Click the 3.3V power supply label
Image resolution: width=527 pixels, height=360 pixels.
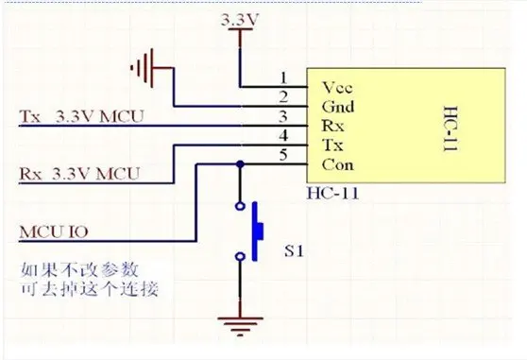(x=240, y=20)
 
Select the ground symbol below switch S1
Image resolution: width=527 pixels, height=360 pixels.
(x=240, y=326)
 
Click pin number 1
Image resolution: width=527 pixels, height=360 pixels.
(x=284, y=77)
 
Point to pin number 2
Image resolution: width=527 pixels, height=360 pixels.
(x=283, y=96)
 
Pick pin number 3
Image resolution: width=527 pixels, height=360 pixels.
(x=283, y=116)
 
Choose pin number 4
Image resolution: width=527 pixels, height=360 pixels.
(x=283, y=135)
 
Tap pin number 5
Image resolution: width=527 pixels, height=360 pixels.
(x=283, y=155)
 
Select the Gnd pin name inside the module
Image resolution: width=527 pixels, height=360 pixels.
(x=338, y=107)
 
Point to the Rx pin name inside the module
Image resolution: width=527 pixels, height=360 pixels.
(x=332, y=126)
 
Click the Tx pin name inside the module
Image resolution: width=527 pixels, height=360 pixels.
(x=332, y=146)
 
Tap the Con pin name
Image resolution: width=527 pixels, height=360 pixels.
(x=337, y=164)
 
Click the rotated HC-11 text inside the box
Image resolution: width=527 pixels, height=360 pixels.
(x=450, y=129)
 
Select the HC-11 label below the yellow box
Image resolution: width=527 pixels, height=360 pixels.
(x=332, y=194)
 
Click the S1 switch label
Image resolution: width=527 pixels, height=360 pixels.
(x=294, y=250)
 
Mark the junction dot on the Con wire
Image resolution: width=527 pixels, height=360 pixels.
(x=240, y=164)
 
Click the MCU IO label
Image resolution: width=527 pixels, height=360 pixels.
(x=54, y=231)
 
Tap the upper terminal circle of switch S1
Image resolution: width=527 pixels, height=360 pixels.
(x=240, y=206)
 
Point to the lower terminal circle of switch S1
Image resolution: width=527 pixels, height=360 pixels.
(x=240, y=256)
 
